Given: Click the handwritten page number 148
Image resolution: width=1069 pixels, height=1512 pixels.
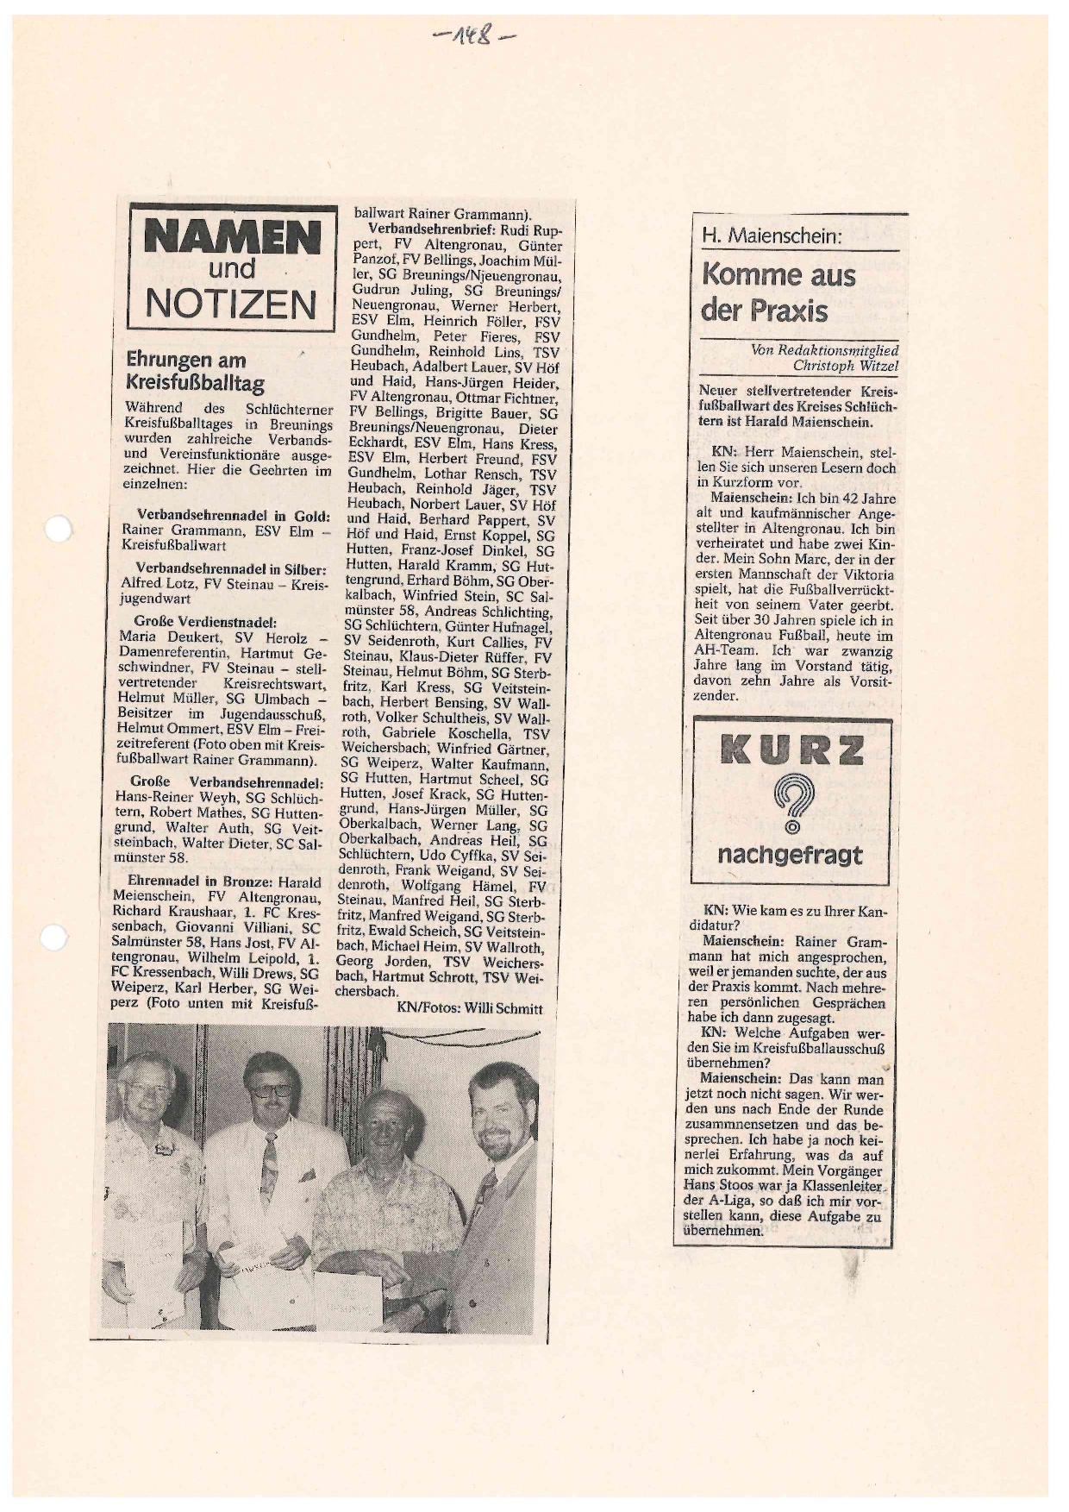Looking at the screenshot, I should coord(473,39).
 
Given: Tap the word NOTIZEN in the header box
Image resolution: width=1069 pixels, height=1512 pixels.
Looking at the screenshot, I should coord(231,303).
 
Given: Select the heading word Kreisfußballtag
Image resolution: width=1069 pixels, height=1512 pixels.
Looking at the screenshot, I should coord(195,384).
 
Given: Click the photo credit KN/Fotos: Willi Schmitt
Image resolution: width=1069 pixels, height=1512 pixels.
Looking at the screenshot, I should coord(470,1007).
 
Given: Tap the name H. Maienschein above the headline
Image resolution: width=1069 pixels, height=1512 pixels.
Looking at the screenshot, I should coord(771,235).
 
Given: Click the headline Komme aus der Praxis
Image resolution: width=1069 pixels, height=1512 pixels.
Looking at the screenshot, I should coord(778,292).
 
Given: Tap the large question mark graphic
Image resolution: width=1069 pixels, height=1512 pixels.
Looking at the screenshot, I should coord(791,803).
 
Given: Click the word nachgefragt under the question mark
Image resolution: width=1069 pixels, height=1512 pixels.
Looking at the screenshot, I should coord(790,855).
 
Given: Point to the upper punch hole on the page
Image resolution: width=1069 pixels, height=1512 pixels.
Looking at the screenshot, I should coord(58,528).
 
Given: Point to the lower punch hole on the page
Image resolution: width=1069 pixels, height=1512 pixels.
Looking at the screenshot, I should coord(53,938).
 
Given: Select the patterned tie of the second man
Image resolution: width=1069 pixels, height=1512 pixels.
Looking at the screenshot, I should coord(269,1164).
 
